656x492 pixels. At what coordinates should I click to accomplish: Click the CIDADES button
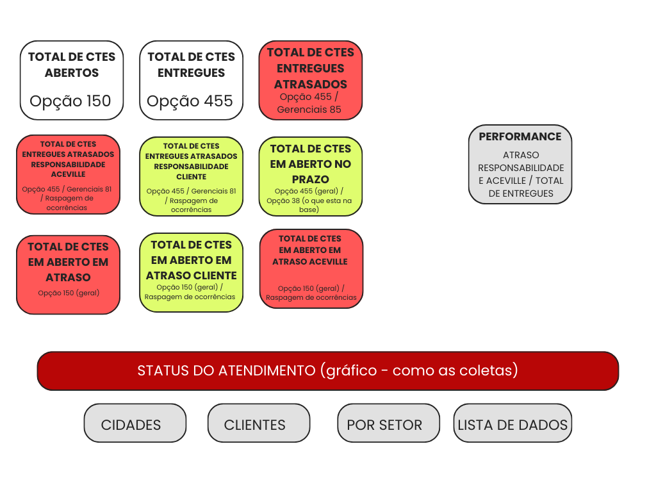tap(135, 423)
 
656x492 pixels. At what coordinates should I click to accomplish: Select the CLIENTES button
tap(259, 423)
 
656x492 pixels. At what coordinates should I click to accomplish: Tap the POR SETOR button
tap(389, 423)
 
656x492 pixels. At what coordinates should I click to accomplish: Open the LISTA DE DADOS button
tap(512, 423)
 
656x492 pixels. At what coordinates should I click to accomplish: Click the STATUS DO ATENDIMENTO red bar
tap(328, 371)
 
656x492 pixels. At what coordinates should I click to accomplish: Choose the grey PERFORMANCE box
tap(520, 165)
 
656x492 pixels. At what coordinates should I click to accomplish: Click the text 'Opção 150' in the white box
tap(70, 101)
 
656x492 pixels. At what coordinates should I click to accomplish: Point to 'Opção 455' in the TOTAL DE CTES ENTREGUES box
tap(190, 101)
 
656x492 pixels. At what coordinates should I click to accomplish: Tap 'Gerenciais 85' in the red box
tap(309, 110)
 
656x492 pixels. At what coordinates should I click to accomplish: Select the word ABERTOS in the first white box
tap(72, 73)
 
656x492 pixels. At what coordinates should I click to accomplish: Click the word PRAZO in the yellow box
tap(311, 179)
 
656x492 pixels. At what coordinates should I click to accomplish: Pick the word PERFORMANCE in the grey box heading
tap(520, 136)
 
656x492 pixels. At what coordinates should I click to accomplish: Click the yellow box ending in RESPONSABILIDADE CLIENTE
tap(191, 177)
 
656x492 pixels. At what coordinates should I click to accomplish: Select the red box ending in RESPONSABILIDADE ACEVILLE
tap(68, 174)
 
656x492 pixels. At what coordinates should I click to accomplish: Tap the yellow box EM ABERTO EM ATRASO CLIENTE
tap(191, 273)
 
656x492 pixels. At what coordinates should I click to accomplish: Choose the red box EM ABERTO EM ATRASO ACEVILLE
tap(311, 269)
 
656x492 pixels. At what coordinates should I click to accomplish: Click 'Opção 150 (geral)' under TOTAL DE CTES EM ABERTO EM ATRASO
tap(69, 293)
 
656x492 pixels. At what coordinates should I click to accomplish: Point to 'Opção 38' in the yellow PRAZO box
tap(283, 201)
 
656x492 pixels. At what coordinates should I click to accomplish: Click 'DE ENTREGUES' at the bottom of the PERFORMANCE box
tap(521, 193)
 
